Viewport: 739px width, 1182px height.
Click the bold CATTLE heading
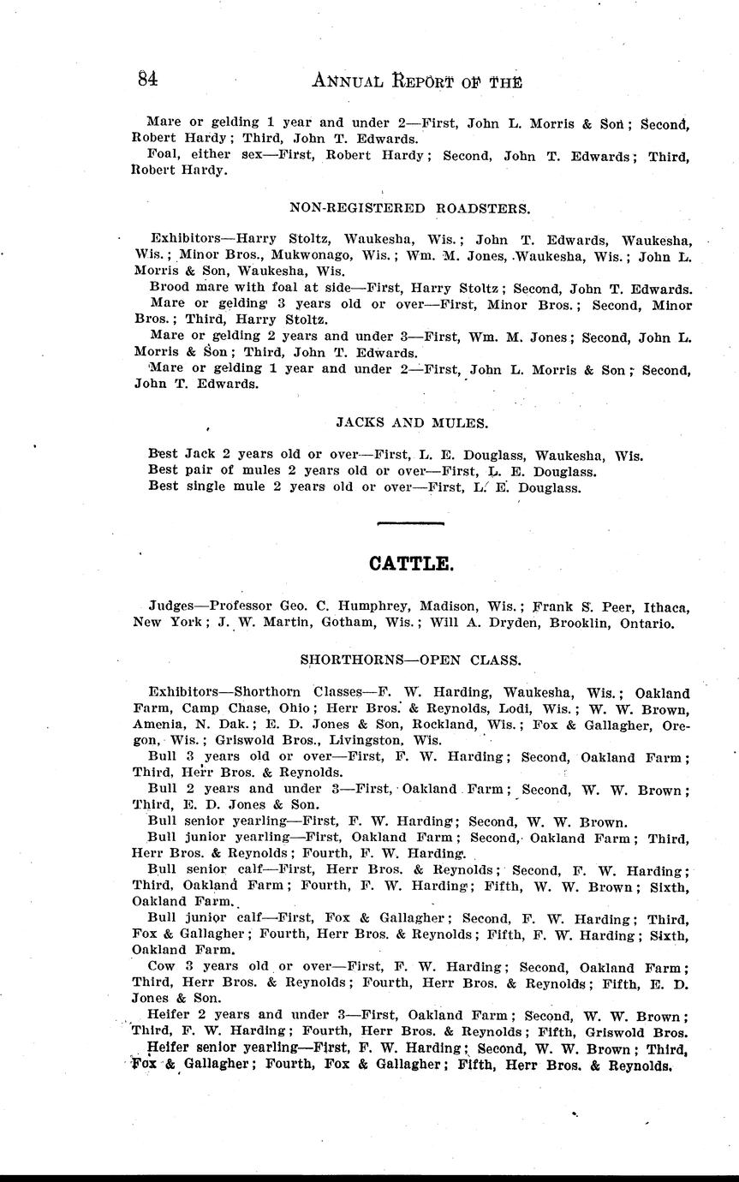tap(410, 564)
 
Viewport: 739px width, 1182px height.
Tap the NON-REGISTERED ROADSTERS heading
tap(410, 207)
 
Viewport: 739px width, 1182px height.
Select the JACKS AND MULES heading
tap(412, 421)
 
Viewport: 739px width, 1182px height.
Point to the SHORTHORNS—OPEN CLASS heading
tap(410, 660)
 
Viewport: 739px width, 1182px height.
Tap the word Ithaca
tap(662, 606)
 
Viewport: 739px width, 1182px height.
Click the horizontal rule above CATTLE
tap(410, 522)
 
